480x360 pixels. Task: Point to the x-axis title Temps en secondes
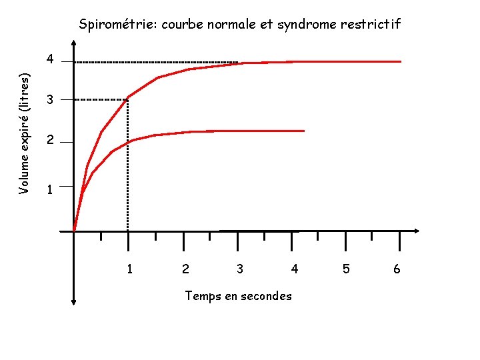pos(238,295)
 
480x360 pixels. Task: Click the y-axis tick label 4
pos(49,60)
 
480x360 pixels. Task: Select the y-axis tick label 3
pos(49,101)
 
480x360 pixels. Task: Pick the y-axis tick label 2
pos(49,142)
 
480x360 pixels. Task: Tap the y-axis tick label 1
pos(49,190)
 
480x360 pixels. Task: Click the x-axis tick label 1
pos(129,269)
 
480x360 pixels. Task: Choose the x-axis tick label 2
pos(185,269)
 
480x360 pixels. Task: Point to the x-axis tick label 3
pos(239,269)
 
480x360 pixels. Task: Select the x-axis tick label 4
pos(294,269)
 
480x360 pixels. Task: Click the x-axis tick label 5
pos(346,269)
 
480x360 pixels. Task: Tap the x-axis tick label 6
pos(397,269)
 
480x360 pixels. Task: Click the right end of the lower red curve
pos(303,131)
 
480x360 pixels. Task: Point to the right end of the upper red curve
pos(401,61)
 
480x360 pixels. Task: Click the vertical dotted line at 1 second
pos(127,167)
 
